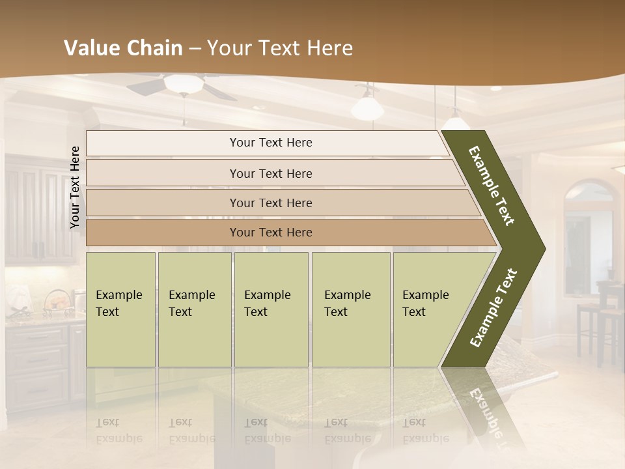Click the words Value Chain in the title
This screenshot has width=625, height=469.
tap(123, 48)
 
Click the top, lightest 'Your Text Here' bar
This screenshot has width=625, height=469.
tap(270, 143)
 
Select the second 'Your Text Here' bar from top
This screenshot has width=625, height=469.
tap(270, 173)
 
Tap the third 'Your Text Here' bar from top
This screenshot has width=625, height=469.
tap(270, 203)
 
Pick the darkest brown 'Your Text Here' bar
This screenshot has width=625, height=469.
tap(270, 233)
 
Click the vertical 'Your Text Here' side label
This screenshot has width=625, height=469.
tap(75, 187)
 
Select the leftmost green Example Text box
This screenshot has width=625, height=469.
tap(120, 309)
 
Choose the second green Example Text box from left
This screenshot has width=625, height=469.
tap(194, 309)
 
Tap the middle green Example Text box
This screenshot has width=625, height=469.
tap(271, 309)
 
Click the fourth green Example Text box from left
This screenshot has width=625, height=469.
tap(350, 309)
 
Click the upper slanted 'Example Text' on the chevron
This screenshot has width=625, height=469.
tap(492, 186)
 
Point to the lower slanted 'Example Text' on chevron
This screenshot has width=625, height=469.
tap(493, 308)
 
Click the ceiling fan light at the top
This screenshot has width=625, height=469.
tap(183, 84)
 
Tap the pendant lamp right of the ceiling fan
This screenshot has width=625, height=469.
tap(367, 106)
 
